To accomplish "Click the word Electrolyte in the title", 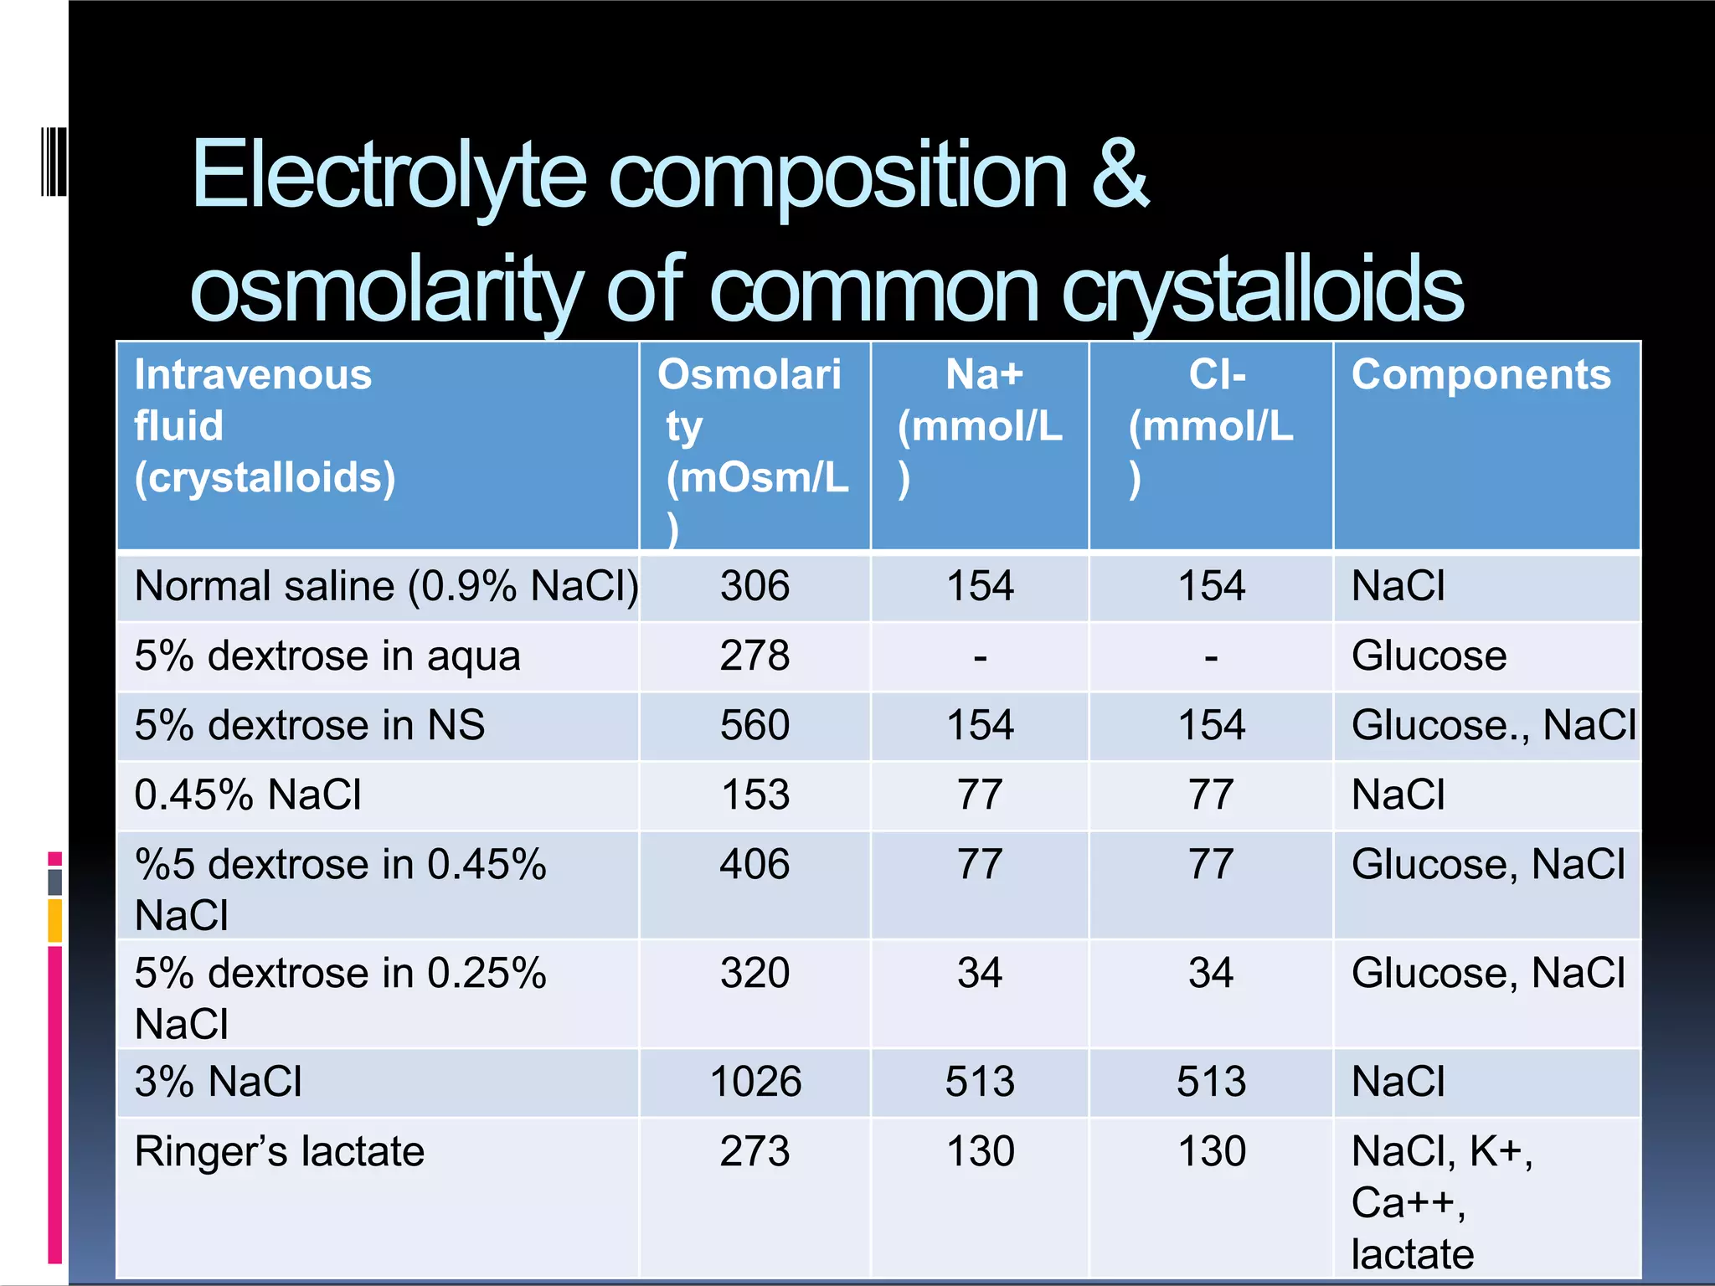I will [389, 176].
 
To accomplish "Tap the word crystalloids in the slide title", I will [1263, 290].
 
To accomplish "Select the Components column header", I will [1481, 374].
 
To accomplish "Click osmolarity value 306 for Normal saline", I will [754, 586].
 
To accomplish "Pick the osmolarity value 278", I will [754, 656].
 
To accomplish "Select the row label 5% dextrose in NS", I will [310, 725].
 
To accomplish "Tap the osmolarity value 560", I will [754, 725].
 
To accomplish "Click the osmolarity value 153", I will [754, 795].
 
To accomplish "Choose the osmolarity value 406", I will [754, 864].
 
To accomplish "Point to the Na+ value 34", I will [980, 973].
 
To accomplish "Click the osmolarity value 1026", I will [755, 1082].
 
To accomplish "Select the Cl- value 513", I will [1211, 1082].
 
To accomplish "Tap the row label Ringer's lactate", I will [280, 1151].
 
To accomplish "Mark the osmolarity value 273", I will [754, 1151].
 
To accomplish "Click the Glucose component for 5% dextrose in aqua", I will [1429, 656].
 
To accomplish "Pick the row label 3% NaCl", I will [218, 1082].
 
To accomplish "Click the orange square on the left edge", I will [55, 920].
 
